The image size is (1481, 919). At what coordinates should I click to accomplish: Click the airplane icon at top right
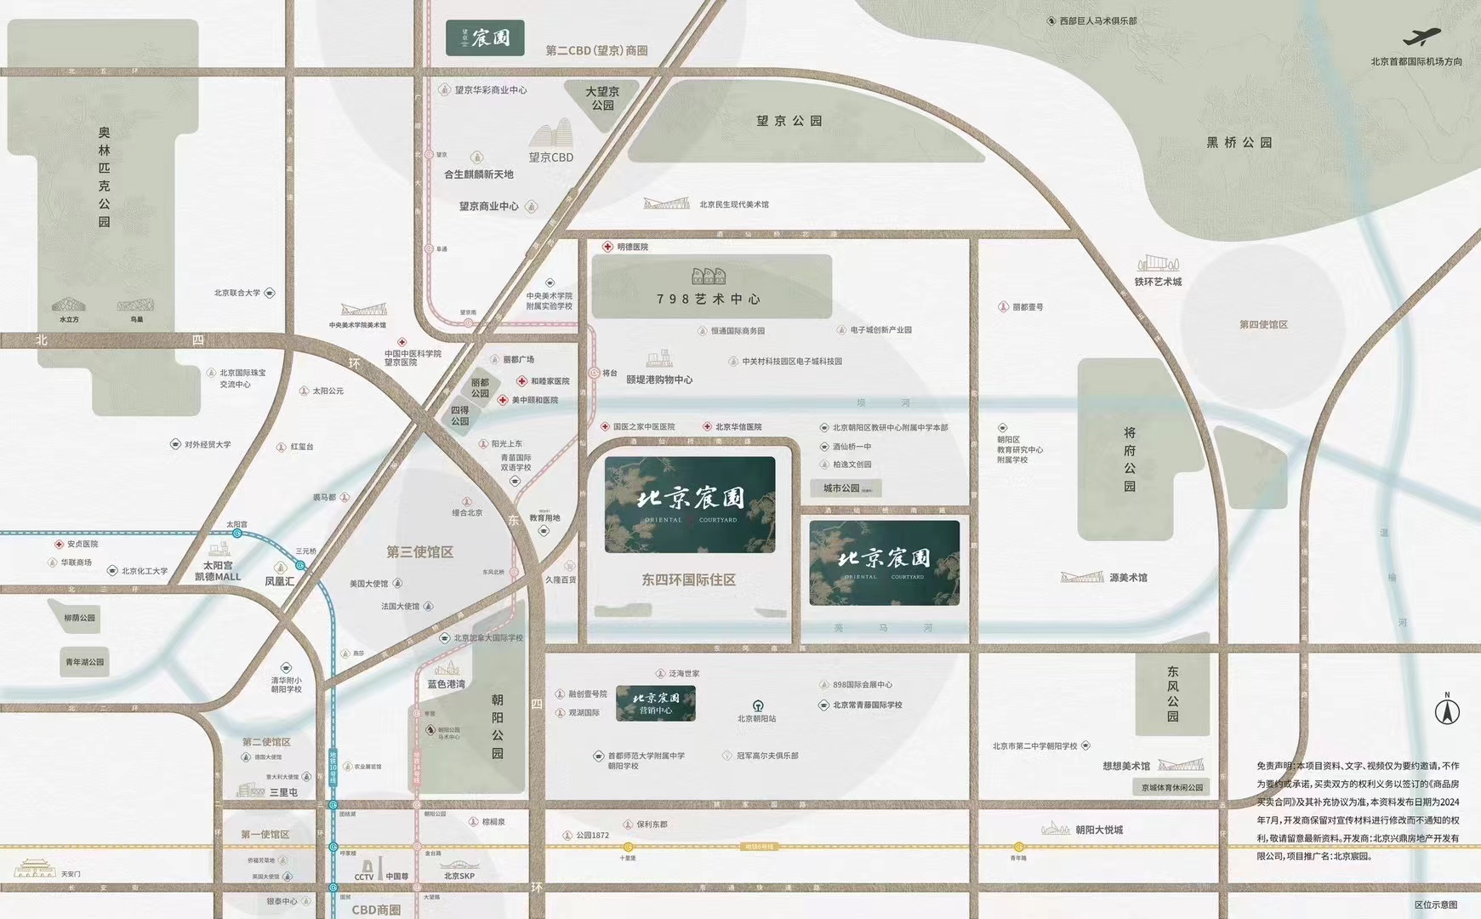[1422, 38]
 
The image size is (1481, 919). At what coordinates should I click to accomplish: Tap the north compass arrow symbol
[1447, 710]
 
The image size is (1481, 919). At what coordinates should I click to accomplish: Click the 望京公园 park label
[789, 122]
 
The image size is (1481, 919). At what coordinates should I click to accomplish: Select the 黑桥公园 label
[1239, 143]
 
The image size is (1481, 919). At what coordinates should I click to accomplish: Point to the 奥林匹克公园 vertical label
[104, 177]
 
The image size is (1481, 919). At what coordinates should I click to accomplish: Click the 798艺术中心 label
[708, 299]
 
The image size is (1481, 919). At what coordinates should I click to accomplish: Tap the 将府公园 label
[1130, 459]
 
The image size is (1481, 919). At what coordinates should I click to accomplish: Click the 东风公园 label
[1173, 694]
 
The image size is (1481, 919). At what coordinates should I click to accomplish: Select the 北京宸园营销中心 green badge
[655, 703]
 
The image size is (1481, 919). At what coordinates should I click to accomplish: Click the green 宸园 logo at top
[484, 38]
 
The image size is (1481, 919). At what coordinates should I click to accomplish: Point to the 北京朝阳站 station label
[756, 718]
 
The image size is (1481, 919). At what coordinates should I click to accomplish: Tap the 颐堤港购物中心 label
[659, 380]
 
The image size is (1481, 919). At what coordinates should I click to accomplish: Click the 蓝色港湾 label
[446, 684]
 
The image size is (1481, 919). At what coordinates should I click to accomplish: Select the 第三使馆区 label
[419, 552]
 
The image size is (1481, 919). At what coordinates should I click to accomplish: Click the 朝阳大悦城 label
[1098, 830]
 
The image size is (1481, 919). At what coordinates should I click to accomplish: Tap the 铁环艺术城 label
[1158, 282]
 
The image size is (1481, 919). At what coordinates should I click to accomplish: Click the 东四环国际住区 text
[688, 580]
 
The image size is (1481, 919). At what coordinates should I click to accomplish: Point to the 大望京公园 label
[602, 98]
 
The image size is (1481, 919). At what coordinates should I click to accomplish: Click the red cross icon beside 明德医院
[607, 247]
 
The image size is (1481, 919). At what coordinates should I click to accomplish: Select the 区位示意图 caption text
[1436, 905]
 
